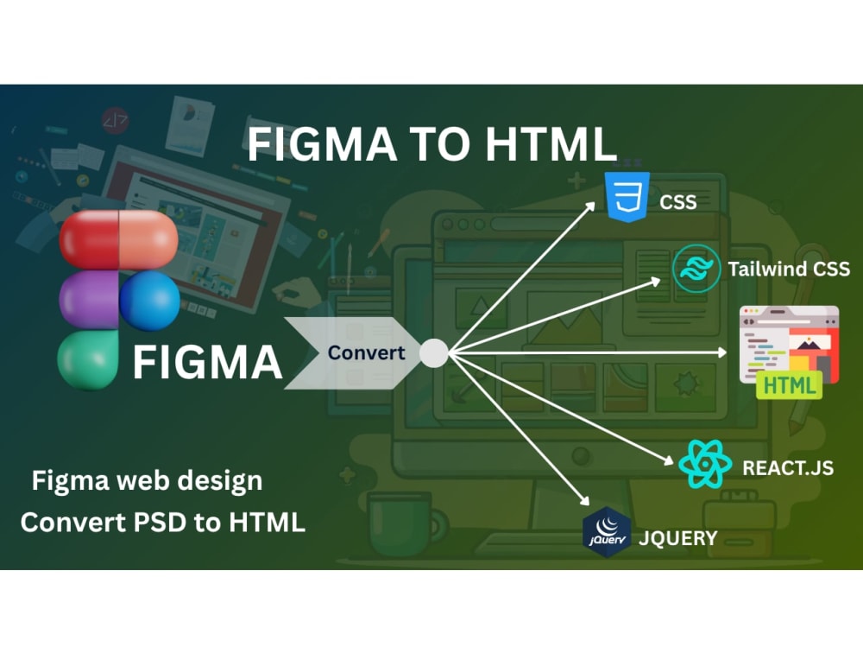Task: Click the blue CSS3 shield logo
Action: pos(627,197)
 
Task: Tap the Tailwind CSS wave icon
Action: pos(696,269)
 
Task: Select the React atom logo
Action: pos(704,464)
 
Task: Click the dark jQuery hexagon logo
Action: pos(607,532)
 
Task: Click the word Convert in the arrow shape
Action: pos(366,352)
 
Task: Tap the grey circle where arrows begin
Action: pos(434,352)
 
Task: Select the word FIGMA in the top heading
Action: pos(322,144)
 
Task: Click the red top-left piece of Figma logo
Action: pos(89,240)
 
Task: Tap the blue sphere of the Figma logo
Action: pos(149,301)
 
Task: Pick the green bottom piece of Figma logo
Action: pos(88,360)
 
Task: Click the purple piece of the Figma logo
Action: pos(89,301)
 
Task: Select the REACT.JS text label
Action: pos(788,468)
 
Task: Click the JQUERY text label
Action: pos(677,538)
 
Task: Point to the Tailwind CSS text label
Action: pos(789,269)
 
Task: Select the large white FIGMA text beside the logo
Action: pos(207,362)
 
